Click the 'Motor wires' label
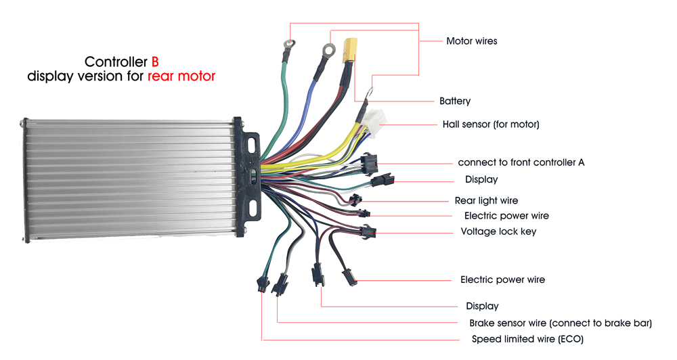coord(471,41)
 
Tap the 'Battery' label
coord(455,101)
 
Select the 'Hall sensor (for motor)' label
coord(490,125)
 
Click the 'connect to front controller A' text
coord(521,162)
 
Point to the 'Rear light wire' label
coord(486,200)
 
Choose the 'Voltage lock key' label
coord(498,231)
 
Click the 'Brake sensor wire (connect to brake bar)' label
coord(561,323)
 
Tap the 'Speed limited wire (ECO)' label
coord(527,339)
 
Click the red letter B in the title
coord(155,62)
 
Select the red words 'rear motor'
coord(181,76)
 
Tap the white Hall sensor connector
coord(374,118)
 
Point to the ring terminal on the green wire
coord(289,43)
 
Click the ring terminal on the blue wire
coord(329,49)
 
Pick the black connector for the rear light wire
coord(355,200)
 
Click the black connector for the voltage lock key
coord(369,232)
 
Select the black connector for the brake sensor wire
coord(280,284)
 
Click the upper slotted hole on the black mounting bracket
coord(252,144)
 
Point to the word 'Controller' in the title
coord(116,62)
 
